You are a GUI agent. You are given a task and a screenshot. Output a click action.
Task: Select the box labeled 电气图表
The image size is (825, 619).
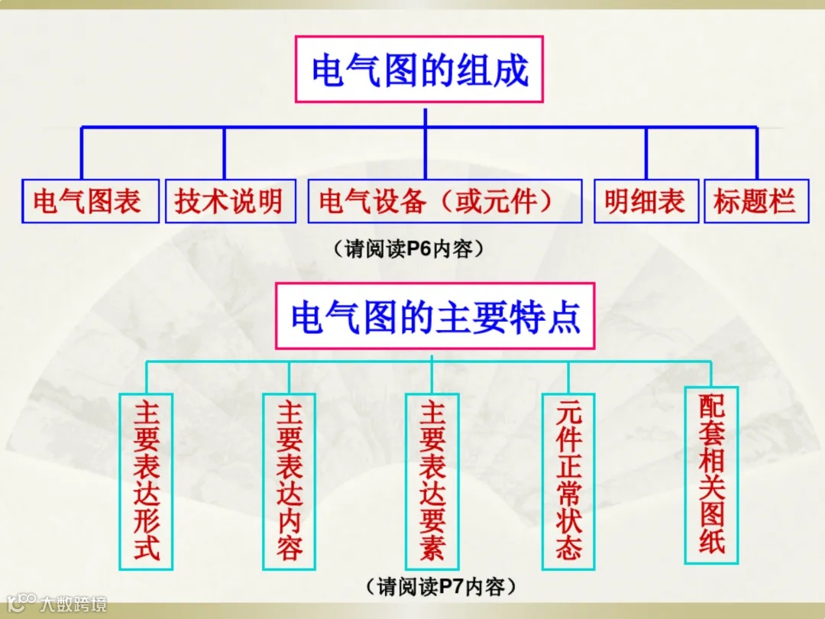86,202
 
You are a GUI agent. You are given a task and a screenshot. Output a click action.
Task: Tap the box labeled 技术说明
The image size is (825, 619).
229,202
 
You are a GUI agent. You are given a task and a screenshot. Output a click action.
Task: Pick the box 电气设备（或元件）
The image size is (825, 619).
445,202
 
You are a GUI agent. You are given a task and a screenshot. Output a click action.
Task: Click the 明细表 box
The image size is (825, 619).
645,202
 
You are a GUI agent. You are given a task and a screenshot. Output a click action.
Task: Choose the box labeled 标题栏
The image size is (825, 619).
754,202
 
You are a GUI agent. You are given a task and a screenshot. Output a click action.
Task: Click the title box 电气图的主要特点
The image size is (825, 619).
436,317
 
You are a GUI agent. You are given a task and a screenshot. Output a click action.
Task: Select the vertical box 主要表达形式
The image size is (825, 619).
146,481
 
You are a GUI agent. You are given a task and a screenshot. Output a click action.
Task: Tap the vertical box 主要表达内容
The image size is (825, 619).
290,481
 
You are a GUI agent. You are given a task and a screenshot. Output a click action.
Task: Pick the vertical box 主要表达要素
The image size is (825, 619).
432,481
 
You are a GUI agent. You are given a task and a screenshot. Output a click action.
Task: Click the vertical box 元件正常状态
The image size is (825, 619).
569,481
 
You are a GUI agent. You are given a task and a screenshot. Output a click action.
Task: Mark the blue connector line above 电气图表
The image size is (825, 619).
82,153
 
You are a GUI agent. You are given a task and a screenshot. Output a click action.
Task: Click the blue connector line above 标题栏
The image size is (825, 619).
757,153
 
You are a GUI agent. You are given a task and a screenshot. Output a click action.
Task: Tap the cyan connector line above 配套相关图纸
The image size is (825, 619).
711,374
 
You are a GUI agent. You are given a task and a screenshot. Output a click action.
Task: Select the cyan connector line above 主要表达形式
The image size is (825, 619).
146,377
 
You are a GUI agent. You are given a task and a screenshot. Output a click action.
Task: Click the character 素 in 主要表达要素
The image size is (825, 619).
432,549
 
